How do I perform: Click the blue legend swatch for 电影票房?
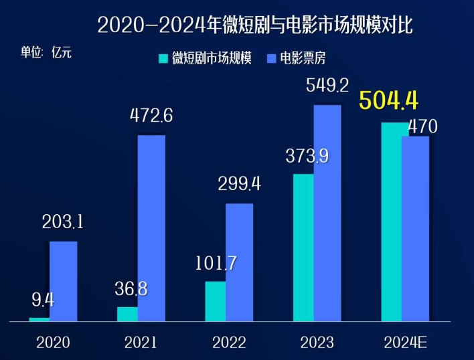(x=272, y=58)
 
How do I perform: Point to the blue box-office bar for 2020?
(x=63, y=281)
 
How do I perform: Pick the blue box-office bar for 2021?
(x=151, y=228)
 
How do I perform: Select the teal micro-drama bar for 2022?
(x=215, y=301)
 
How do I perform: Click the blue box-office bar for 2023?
(x=327, y=213)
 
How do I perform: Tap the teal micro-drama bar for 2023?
(x=303, y=248)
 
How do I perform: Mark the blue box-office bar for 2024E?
(x=416, y=228)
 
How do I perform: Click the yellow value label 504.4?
(x=389, y=101)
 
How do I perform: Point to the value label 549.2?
(x=327, y=86)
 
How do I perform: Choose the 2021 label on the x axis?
(x=141, y=343)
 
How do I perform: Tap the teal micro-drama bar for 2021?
(x=127, y=314)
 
